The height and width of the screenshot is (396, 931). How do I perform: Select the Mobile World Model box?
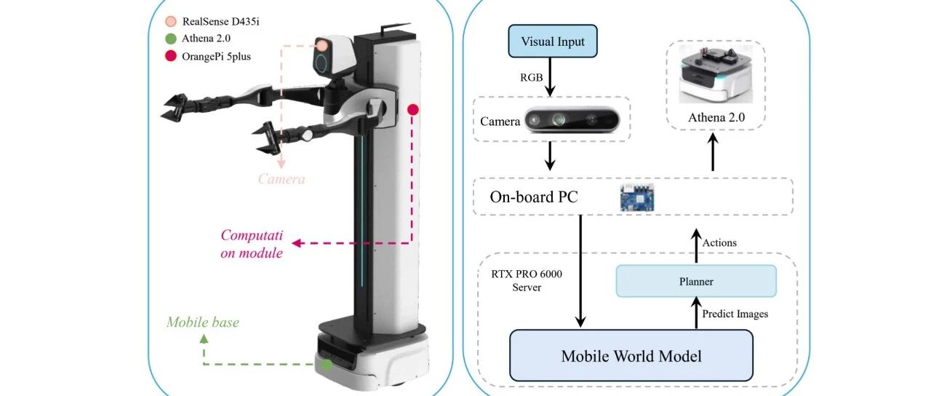(631, 355)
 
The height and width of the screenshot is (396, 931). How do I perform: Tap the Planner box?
(696, 281)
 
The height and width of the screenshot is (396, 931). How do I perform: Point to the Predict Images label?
(734, 314)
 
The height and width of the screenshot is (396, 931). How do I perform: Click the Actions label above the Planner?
(719, 242)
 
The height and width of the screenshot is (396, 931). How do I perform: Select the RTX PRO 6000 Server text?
(522, 280)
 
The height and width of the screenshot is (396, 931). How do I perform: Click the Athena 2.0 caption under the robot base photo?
(716, 117)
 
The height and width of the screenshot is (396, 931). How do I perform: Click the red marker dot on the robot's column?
(412, 110)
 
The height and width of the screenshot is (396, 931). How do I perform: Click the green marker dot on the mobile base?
(328, 363)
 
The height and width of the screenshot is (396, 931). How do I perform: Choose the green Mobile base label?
(202, 322)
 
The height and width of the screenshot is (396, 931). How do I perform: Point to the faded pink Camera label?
(281, 178)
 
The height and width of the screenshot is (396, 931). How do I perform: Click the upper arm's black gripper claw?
(177, 106)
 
